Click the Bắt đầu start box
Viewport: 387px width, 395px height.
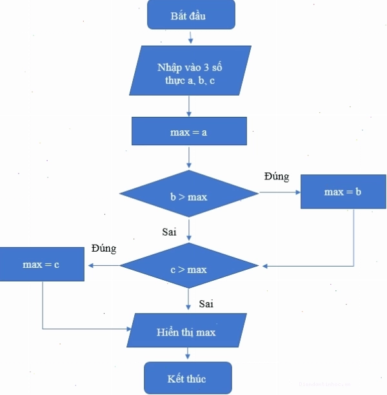(191, 15)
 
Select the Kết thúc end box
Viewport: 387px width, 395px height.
(188, 378)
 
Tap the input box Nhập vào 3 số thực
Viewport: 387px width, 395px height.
(190, 70)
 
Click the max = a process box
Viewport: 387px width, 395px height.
(189, 131)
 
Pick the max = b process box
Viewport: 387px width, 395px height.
(343, 192)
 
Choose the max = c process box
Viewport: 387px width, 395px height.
(42, 264)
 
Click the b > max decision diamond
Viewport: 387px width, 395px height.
(189, 194)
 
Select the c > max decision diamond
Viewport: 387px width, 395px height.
(189, 265)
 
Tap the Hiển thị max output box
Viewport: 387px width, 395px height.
(186, 330)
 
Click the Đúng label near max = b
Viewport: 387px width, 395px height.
(277, 176)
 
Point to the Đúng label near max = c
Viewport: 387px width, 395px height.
(104, 248)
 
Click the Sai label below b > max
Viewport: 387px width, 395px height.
(169, 232)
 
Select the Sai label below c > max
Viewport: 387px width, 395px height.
(206, 303)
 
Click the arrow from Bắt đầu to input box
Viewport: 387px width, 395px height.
(191, 37)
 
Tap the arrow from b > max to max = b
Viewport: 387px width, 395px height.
(280, 192)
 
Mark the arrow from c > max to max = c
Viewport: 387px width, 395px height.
(103, 265)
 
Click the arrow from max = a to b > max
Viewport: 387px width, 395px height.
(189, 157)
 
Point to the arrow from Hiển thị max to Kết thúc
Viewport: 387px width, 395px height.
(187, 354)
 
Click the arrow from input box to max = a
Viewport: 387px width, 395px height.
(189, 106)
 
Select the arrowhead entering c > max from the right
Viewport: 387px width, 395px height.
(265, 266)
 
